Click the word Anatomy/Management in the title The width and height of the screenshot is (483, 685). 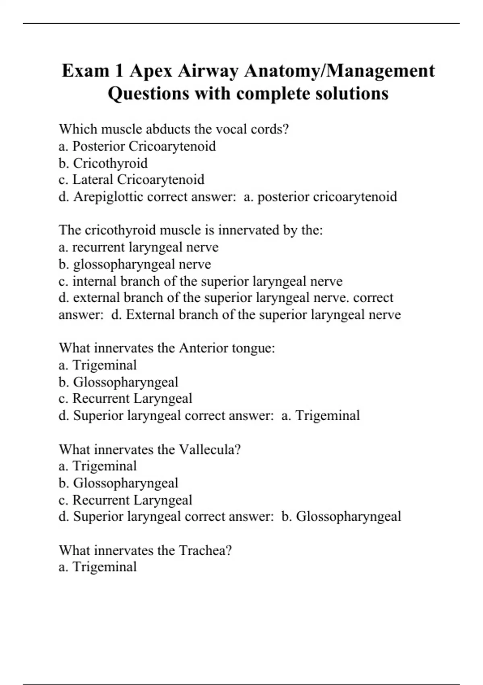(339, 71)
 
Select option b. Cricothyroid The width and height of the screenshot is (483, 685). (103, 163)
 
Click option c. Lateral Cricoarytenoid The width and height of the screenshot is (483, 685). (131, 180)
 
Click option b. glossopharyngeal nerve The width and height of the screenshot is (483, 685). (134, 264)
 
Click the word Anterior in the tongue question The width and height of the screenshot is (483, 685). (203, 348)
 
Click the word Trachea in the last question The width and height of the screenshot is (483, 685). (205, 550)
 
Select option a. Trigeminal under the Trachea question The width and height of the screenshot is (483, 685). (97, 567)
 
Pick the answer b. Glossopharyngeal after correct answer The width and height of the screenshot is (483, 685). (341, 517)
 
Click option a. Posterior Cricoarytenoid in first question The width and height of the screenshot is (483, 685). (137, 146)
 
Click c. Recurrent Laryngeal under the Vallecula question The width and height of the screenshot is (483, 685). (125, 500)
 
